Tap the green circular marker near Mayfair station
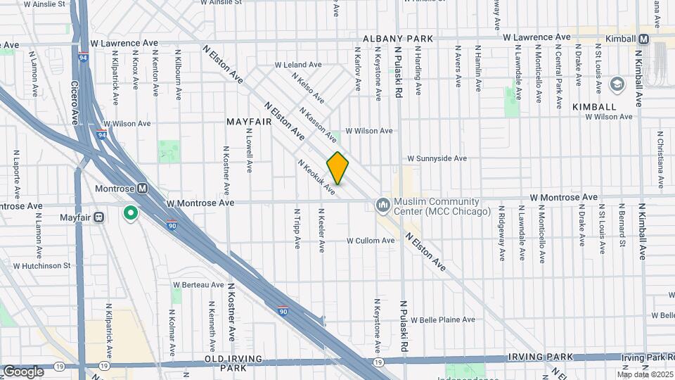tap(130, 213)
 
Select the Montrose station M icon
tap(143, 189)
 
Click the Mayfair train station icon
tap(98, 217)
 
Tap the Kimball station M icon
tap(644, 39)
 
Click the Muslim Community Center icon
tap(383, 205)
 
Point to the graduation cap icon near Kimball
tap(617, 84)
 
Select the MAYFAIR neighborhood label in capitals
tap(249, 122)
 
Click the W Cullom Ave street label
tap(370, 241)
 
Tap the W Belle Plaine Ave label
tap(443, 319)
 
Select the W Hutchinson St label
tap(42, 266)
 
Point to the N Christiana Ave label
tap(661, 160)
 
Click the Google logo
tap(23, 371)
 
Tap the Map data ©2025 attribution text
tap(645, 374)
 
